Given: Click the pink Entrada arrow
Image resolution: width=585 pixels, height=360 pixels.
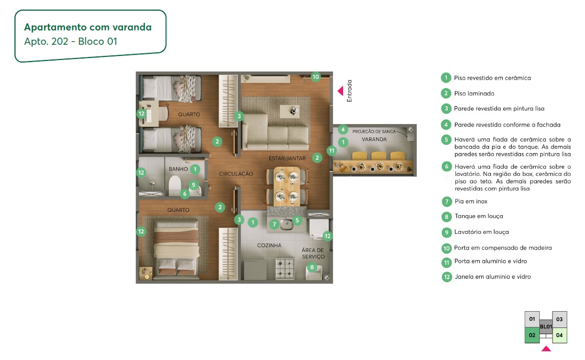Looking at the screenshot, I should pos(341,91).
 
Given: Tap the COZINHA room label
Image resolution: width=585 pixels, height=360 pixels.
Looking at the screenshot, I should pos(269,246).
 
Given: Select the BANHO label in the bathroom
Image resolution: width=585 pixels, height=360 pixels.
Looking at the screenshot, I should pos(178,169).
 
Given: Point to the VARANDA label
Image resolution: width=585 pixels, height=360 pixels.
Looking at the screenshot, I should pos(374,139).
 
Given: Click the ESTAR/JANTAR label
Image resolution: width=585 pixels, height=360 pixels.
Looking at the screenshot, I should pos(287,159).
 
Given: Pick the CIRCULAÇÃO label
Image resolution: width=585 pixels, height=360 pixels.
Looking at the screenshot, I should pos(236,174).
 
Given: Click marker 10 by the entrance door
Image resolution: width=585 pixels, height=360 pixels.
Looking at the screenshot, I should pos(315,77).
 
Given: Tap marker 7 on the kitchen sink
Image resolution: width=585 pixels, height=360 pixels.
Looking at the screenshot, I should pos(274,224).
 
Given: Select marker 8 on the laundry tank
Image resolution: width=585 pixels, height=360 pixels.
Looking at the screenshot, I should pos(312,266).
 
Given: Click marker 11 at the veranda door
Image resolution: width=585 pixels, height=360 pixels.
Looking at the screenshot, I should pos(331,151).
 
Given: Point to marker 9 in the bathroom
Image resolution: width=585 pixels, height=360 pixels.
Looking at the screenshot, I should pos(193,185).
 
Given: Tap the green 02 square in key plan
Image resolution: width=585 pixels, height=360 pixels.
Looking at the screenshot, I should pos(532,336).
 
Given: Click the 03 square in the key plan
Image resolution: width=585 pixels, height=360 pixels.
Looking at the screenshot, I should pos(559,319).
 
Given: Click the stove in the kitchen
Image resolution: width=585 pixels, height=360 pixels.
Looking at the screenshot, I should pos(286,268).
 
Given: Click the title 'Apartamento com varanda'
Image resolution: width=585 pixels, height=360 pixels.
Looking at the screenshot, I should pos(88,27).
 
